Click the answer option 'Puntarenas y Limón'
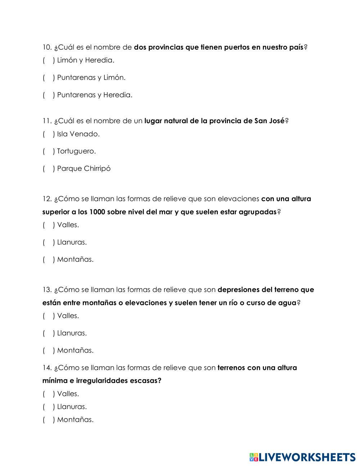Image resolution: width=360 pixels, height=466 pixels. coord(91,77)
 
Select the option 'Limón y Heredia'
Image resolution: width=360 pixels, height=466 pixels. coord(85,60)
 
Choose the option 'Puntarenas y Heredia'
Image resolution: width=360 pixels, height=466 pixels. coord(94,95)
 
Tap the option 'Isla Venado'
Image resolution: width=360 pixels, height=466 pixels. coord(78,134)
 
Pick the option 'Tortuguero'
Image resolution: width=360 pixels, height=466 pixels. coord(76,151)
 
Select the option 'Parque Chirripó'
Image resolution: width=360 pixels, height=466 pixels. coord(84,169)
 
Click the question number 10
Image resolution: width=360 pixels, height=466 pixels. coord(47,48)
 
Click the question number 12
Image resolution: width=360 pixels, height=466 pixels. coord(47,199)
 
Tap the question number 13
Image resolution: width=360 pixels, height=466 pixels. coord(47,290)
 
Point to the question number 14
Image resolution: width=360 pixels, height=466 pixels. coord(47,368)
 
